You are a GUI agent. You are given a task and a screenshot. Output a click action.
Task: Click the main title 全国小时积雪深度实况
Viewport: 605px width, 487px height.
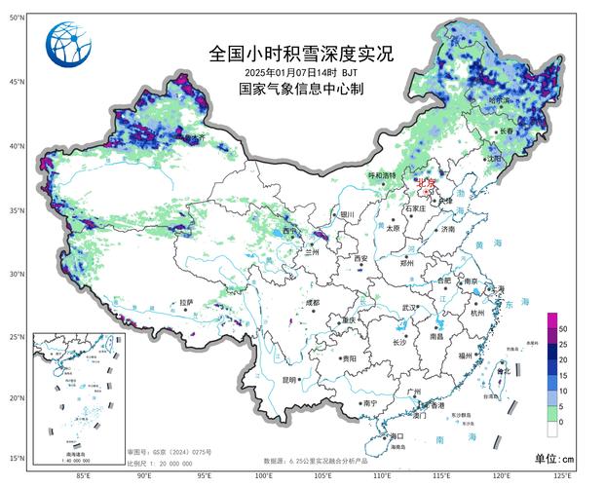[302, 54]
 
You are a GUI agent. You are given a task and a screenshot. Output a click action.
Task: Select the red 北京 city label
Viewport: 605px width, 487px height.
[427, 182]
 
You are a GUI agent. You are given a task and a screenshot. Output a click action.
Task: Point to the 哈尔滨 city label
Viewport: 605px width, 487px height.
[499, 100]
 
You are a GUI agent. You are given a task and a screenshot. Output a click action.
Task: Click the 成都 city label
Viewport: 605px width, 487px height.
[311, 303]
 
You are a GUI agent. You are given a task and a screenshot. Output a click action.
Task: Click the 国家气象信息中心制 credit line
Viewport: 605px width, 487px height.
[302, 89]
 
